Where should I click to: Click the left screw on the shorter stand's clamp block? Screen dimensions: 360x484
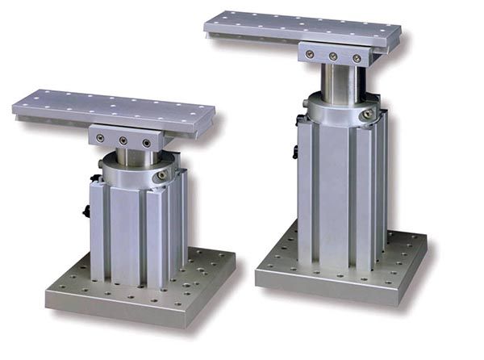(99, 138)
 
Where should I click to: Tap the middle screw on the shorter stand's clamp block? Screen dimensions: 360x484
(123, 140)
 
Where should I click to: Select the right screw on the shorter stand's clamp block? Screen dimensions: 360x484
(146, 143)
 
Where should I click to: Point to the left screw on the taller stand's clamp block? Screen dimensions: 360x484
(310, 53)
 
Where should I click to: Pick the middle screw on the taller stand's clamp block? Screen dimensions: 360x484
(333, 56)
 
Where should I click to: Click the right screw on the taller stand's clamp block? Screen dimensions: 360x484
(356, 58)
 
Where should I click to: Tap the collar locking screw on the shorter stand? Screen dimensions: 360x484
(162, 174)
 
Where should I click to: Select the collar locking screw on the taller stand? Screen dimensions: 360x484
(368, 115)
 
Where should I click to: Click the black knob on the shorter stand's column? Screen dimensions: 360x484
(86, 211)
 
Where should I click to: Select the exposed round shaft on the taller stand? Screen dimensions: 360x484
(339, 81)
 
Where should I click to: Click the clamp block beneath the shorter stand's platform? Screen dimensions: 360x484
(123, 136)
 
